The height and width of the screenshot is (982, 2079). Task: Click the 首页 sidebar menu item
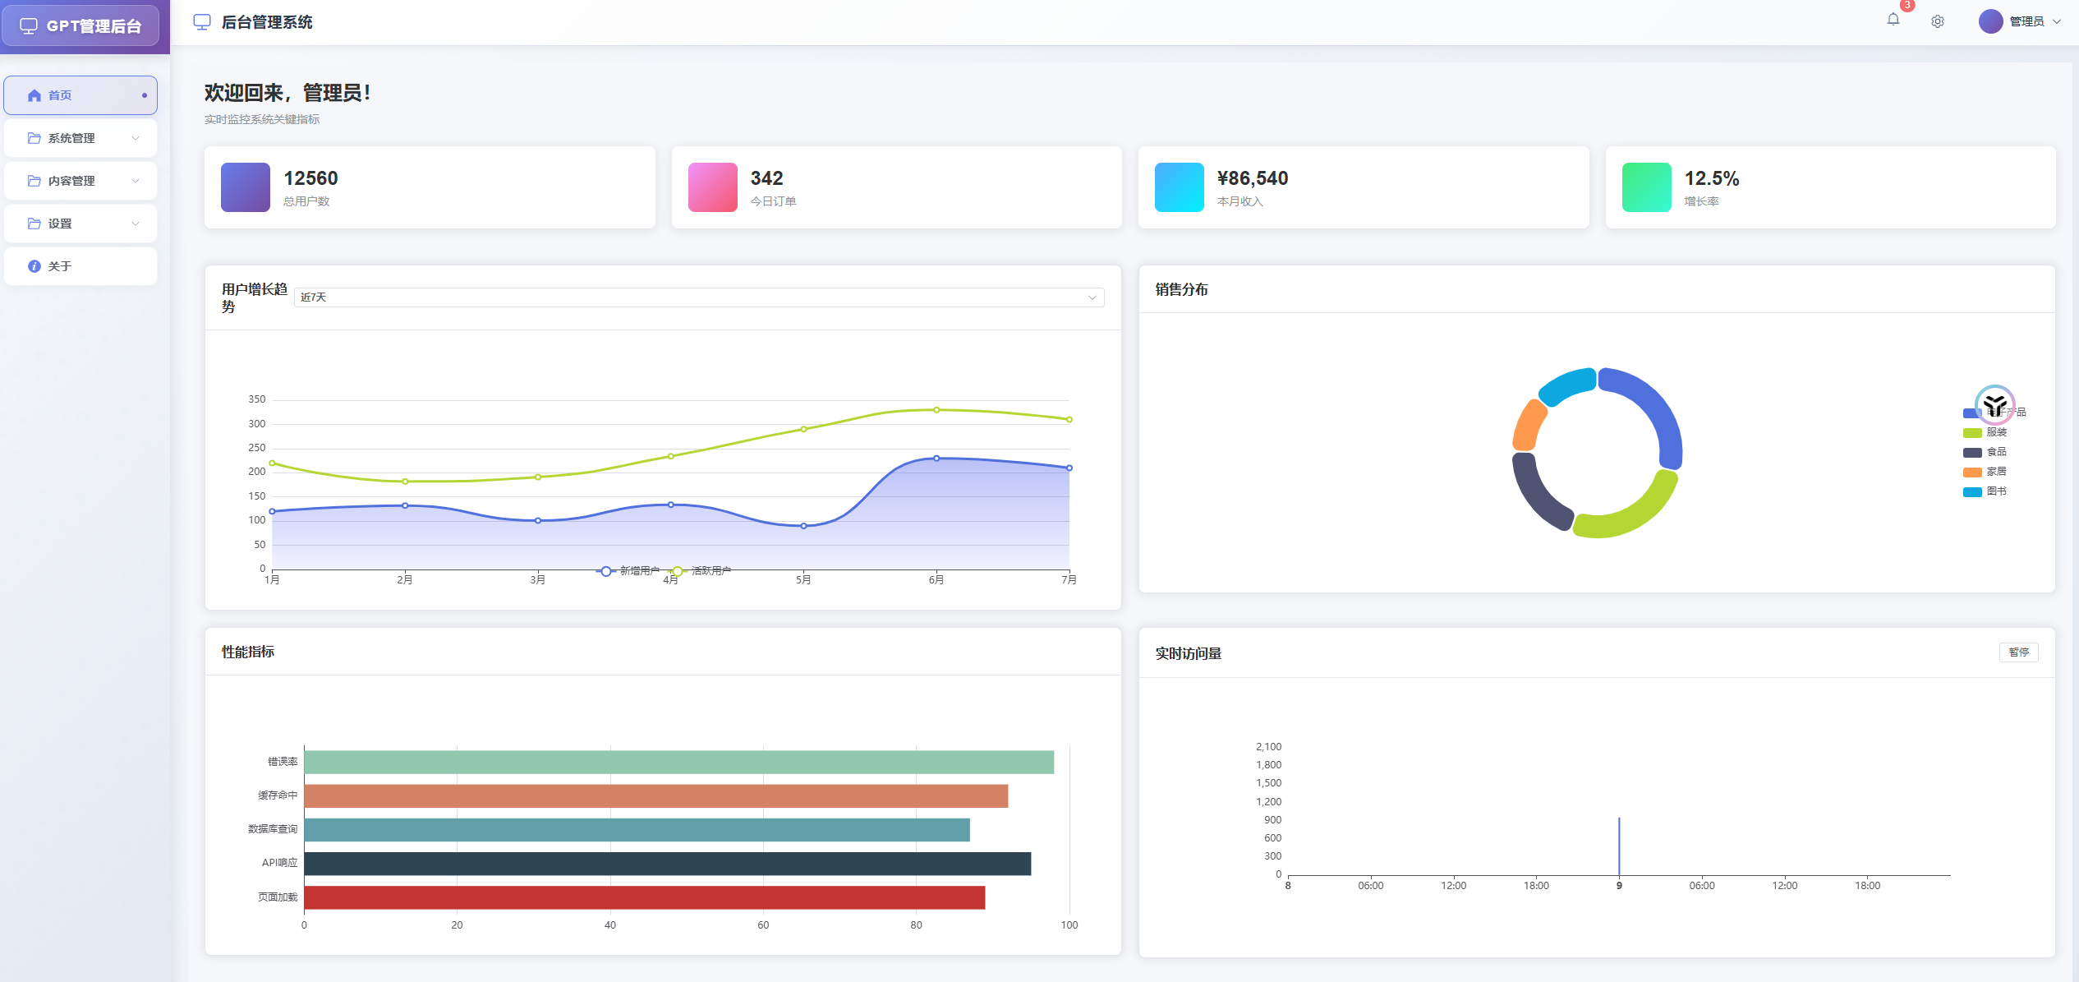point(80,95)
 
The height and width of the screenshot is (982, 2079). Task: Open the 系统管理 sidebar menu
point(80,138)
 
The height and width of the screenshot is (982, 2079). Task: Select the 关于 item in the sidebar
point(80,266)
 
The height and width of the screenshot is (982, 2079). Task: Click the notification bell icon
point(1893,20)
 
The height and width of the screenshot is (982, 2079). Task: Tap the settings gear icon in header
point(1937,21)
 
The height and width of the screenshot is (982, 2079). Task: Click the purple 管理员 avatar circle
point(1990,21)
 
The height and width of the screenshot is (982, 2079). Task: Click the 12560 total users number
point(310,178)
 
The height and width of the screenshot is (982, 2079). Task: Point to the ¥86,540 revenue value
point(1252,178)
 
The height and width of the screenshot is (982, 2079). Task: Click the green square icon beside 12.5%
point(1646,187)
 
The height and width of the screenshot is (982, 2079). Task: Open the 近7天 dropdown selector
point(698,297)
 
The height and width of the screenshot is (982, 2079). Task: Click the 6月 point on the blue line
point(936,459)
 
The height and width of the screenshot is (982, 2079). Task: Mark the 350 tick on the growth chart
point(257,399)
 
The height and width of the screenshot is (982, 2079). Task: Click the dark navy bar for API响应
point(667,864)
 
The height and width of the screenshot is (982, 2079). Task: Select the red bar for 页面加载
point(644,897)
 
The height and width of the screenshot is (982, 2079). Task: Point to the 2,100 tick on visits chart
point(1267,747)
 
